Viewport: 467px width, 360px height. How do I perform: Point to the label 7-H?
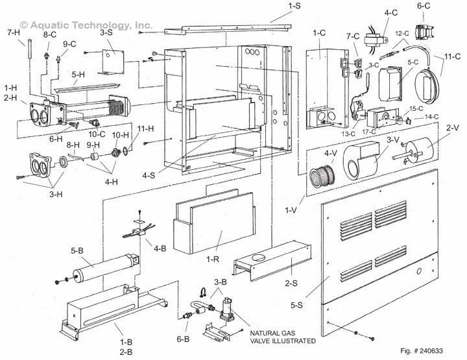11,33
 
